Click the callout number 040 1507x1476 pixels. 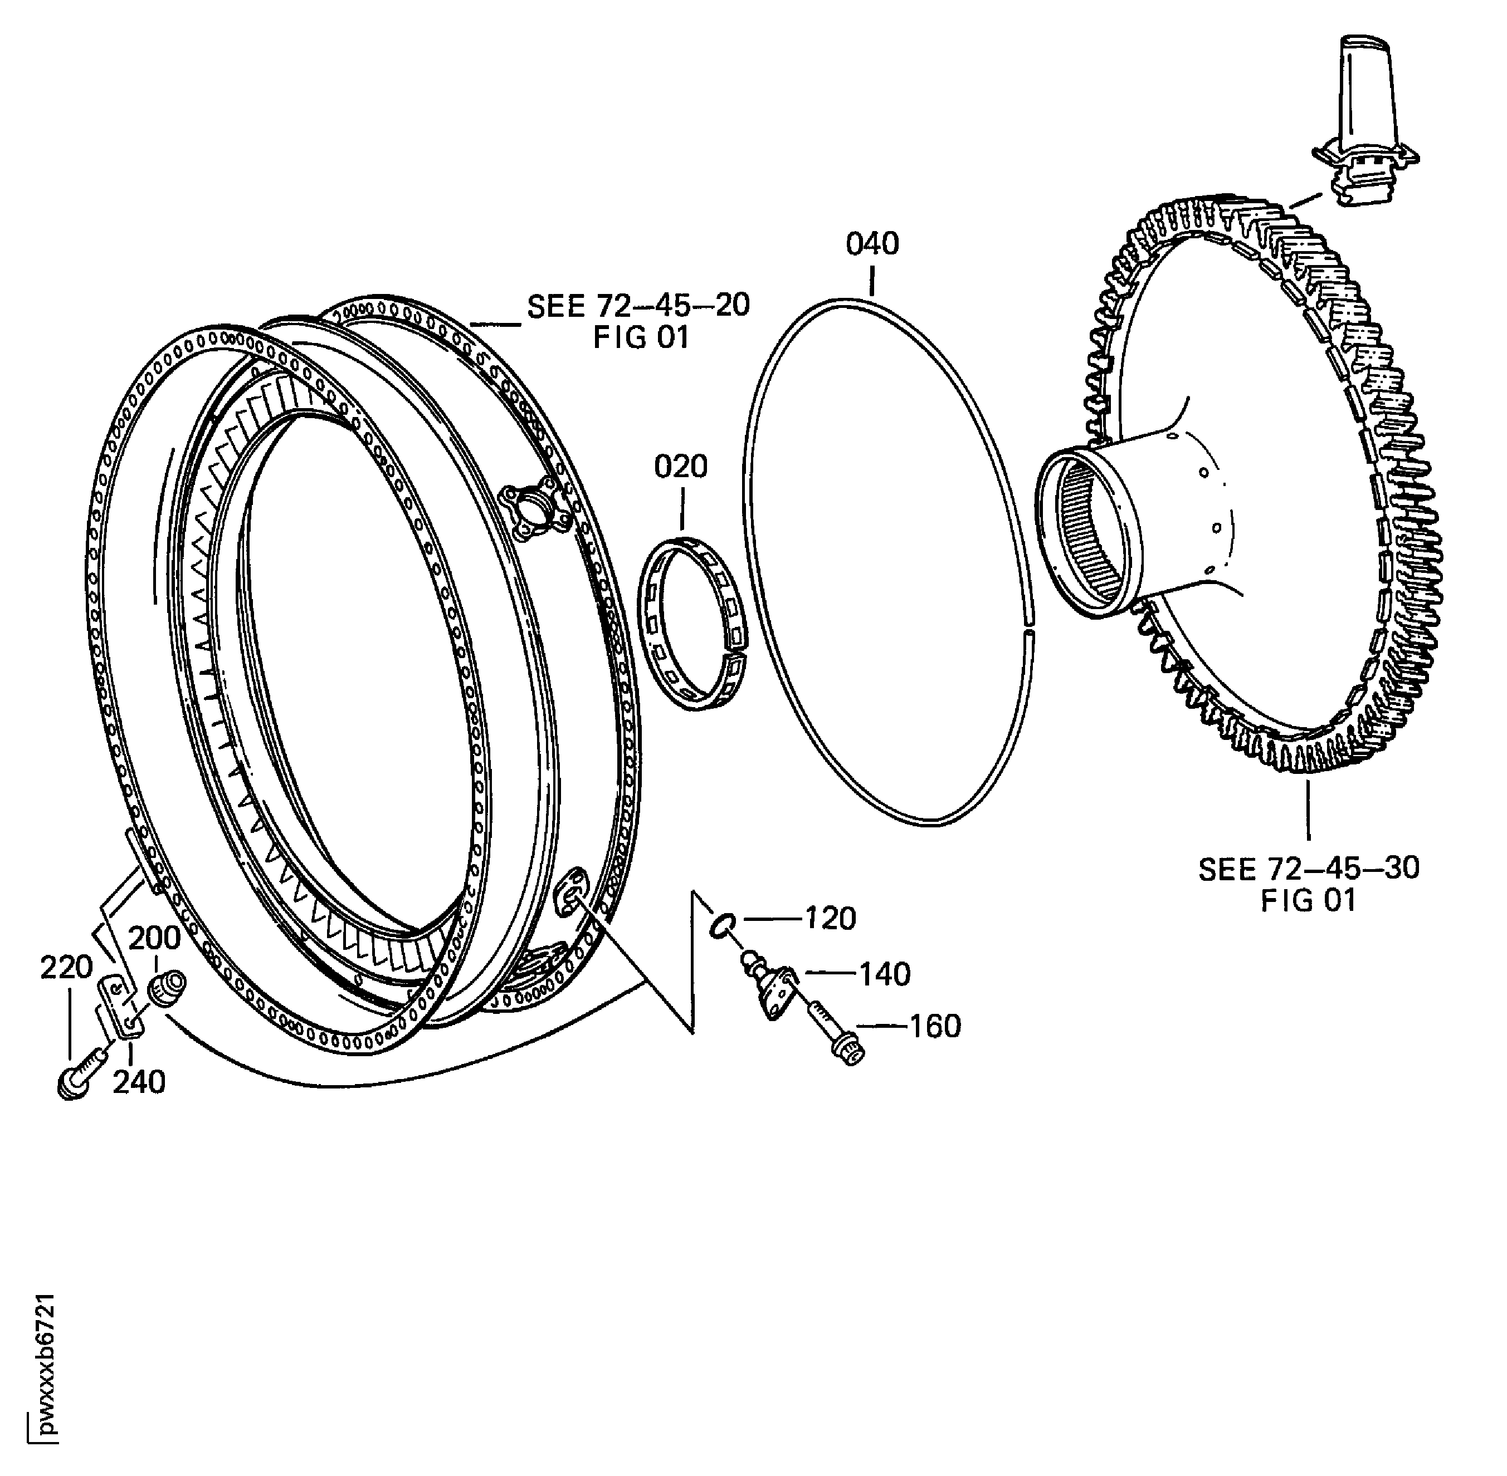872,244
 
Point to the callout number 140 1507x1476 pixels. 884,974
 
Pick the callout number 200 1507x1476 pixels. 154,938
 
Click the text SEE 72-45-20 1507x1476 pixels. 638,306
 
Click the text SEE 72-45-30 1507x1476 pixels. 1309,869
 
